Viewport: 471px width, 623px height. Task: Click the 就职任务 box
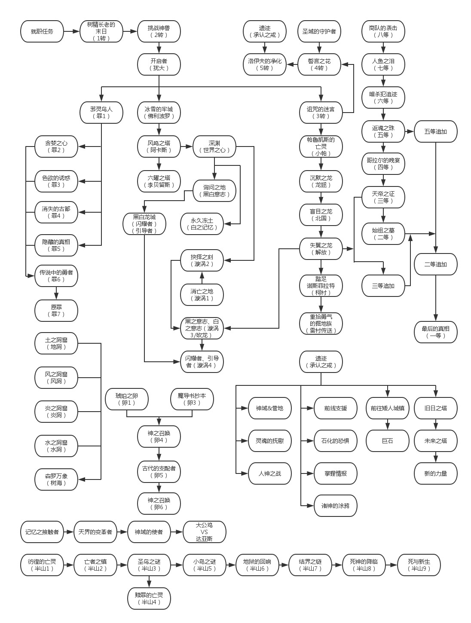point(42,31)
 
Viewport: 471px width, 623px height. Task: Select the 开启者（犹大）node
point(159,64)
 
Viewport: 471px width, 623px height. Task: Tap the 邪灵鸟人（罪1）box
point(101,113)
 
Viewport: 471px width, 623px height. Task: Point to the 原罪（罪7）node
point(56,311)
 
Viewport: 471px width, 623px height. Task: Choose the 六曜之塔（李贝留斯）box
point(159,181)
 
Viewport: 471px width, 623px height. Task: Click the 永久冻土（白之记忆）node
point(202,224)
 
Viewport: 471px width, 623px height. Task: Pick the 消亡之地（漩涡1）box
point(202,294)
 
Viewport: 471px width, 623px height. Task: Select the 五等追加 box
point(435,131)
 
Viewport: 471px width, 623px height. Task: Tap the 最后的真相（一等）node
point(435,332)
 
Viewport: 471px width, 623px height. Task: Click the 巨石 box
point(387,440)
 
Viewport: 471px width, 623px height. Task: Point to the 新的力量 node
point(435,473)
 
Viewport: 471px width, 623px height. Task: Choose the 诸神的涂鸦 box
point(335,506)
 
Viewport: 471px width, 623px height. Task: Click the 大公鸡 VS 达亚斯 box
point(204,532)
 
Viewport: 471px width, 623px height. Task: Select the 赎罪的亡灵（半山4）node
point(149,598)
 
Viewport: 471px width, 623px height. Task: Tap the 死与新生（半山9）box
point(419,565)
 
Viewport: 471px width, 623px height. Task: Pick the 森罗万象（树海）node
point(56,479)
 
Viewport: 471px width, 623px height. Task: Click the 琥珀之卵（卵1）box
point(127,399)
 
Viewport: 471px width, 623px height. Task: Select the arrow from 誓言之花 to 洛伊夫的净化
point(292,64)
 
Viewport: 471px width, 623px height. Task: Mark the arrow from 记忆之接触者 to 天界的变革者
point(68,532)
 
